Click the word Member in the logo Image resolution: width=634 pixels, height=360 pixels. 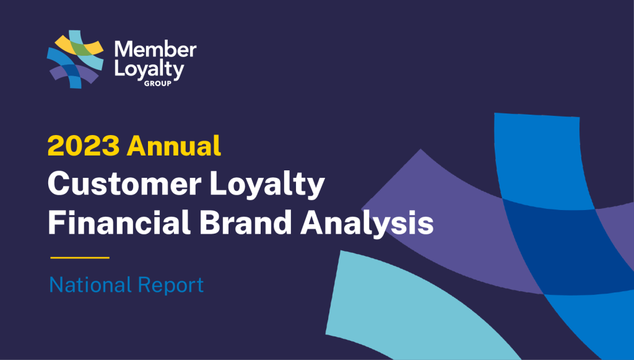click(155, 50)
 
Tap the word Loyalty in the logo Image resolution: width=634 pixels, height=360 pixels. click(149, 69)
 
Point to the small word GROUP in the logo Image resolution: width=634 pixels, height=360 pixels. click(158, 83)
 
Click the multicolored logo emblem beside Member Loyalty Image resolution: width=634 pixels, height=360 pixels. click(75, 59)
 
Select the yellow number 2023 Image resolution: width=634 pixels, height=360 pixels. click(84, 146)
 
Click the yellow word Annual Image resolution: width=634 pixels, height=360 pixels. click(174, 146)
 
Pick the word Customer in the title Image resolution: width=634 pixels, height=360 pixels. click(124, 184)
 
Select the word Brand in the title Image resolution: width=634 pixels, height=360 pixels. click(245, 222)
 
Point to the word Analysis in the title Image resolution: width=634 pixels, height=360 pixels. click(367, 223)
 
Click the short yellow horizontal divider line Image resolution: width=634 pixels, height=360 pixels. click(80, 257)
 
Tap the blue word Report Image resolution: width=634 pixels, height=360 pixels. click(171, 286)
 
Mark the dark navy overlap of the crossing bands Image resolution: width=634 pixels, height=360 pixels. click(566, 247)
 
